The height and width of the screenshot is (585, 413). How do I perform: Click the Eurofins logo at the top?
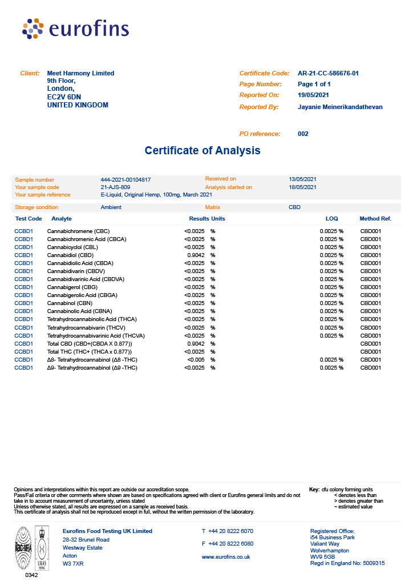pos(75,29)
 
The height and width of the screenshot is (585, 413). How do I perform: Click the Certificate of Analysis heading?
pos(203,151)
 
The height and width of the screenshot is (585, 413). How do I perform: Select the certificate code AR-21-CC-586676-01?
pos(328,73)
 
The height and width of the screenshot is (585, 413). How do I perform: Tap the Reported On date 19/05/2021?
pos(313,95)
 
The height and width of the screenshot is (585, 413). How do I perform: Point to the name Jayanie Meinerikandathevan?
pos(340,107)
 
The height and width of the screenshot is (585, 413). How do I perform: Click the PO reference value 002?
pos(303,134)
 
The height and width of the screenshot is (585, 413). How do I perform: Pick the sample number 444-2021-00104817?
pos(125,179)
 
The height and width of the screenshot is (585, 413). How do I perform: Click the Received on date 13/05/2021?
pos(302,179)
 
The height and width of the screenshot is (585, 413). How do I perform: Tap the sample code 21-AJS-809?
pos(115,187)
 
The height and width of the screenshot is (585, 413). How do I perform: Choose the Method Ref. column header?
pos(375,219)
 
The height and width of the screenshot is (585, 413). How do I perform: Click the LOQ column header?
pos(331,219)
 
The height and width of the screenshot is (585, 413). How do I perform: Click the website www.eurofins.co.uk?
pos(226,556)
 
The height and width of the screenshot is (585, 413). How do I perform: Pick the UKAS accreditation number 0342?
pos(31,575)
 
